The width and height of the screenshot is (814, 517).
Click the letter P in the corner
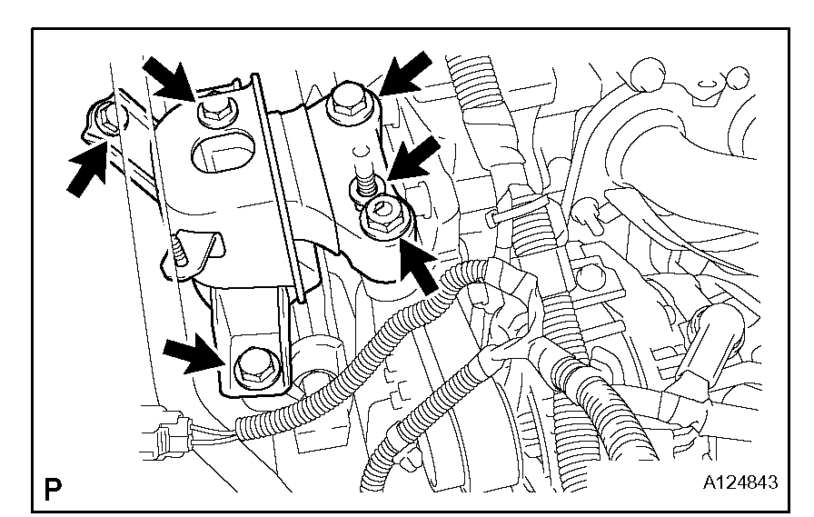[x=53, y=493]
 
